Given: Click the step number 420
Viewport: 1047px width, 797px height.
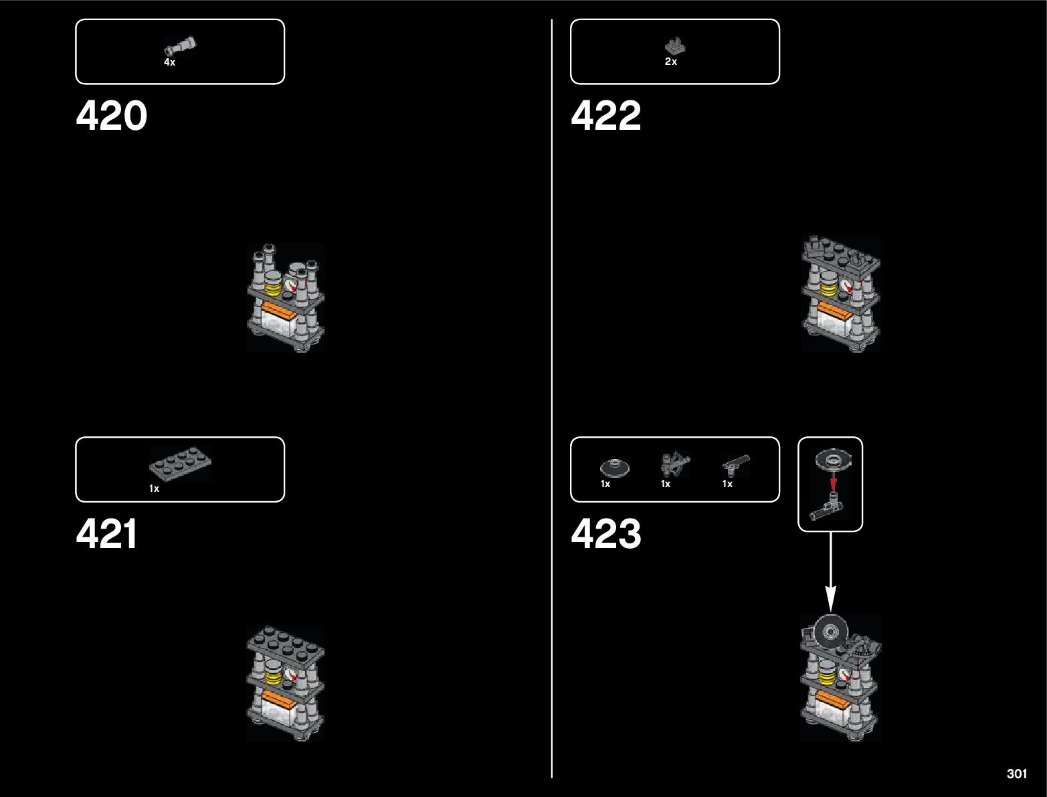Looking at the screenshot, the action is point(111,116).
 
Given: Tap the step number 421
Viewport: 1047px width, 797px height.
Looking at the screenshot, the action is point(107,534).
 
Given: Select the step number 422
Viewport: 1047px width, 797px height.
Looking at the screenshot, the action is point(605,116).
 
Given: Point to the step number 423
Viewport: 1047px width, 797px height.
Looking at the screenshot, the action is point(605,534).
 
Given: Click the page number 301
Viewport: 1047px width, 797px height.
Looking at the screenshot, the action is point(1016,774).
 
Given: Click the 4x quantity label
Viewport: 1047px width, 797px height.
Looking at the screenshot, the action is point(169,62).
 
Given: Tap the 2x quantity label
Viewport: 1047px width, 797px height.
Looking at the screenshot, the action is point(671,62).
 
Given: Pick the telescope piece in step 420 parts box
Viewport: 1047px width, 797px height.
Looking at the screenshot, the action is point(181,47).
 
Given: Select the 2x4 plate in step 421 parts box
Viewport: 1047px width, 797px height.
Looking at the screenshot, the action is point(180,463).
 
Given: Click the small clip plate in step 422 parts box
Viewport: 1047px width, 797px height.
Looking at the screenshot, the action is point(675,46).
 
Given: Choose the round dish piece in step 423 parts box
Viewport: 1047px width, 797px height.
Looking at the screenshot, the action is point(615,467).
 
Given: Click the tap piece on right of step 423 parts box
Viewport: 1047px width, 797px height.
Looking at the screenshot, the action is point(735,463).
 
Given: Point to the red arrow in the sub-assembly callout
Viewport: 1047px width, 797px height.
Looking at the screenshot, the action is point(833,481).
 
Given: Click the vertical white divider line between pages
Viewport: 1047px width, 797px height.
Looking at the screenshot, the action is point(552,402).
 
